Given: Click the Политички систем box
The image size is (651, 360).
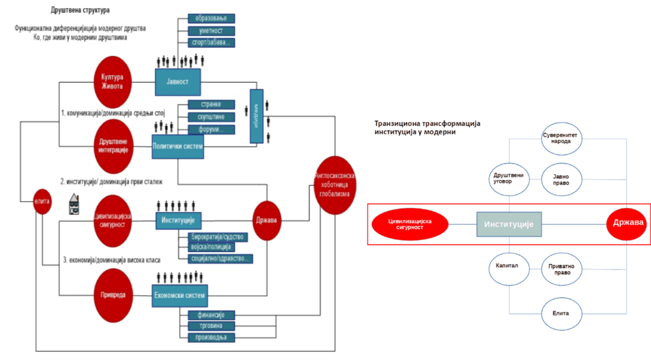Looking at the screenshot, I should pyautogui.click(x=178, y=147).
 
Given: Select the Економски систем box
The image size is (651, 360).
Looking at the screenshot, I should pyautogui.click(x=181, y=295).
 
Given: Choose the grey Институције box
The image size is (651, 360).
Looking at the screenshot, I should pyautogui.click(x=509, y=224).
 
